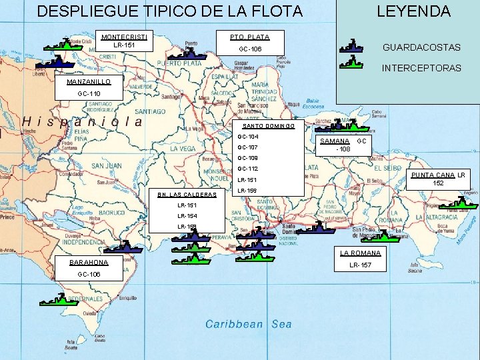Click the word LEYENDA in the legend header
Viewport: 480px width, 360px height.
[x=413, y=11]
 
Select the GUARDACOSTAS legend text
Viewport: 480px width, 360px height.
[x=421, y=47]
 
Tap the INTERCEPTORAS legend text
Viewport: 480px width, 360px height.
[x=421, y=68]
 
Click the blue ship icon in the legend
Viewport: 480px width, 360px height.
[x=351, y=47]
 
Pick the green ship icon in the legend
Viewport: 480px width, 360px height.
[x=351, y=63]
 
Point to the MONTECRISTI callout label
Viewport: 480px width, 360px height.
[x=124, y=36]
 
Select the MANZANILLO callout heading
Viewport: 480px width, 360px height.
[x=89, y=81]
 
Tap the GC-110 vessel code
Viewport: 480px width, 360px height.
[x=89, y=94]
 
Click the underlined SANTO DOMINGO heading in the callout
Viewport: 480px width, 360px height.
[x=269, y=126]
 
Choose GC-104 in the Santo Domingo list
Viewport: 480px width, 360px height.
[x=247, y=137]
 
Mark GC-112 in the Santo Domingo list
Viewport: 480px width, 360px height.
[x=247, y=169]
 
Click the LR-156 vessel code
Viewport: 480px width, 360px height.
[x=247, y=191]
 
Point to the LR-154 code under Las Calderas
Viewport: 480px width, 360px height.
[x=187, y=216]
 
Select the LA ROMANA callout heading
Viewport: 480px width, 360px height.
[x=360, y=253]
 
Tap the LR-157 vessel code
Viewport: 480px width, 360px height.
[x=360, y=265]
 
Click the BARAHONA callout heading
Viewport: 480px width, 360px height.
[x=89, y=262]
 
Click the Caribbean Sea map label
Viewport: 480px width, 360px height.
[x=248, y=325]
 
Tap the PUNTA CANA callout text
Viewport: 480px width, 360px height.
[x=432, y=175]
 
